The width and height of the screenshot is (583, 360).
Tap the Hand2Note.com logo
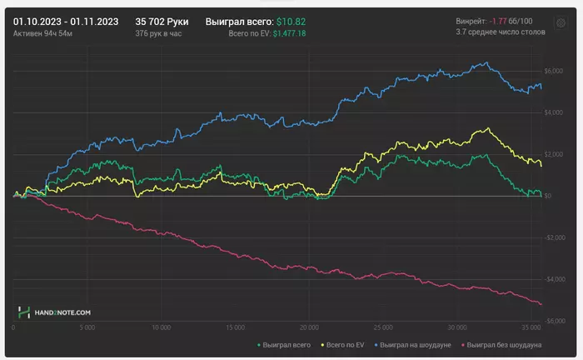coord(54,312)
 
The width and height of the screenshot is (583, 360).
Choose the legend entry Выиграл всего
coord(287,344)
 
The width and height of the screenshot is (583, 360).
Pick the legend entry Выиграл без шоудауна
coord(504,344)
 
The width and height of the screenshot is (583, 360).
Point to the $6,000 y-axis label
coord(554,71)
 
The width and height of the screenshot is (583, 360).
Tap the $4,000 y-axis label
coord(554,112)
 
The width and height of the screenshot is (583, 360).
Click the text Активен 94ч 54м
coord(44,33)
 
